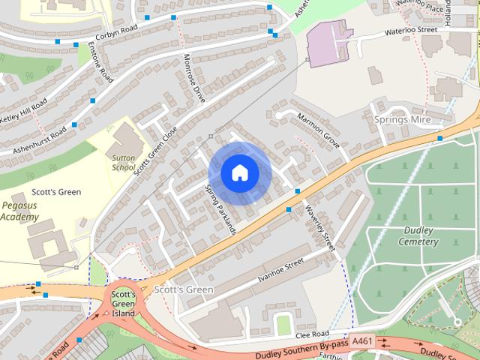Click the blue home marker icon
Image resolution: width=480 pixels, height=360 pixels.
[x=239, y=173]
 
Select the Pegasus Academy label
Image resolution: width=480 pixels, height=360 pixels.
[x=19, y=210]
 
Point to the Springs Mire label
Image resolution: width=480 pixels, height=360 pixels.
[x=401, y=119]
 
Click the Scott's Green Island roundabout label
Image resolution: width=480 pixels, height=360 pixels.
[x=123, y=304]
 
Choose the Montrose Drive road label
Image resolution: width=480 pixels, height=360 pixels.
[x=194, y=78]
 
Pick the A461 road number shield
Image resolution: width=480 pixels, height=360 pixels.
[x=362, y=340]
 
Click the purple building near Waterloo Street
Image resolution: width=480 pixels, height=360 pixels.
[x=328, y=43]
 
